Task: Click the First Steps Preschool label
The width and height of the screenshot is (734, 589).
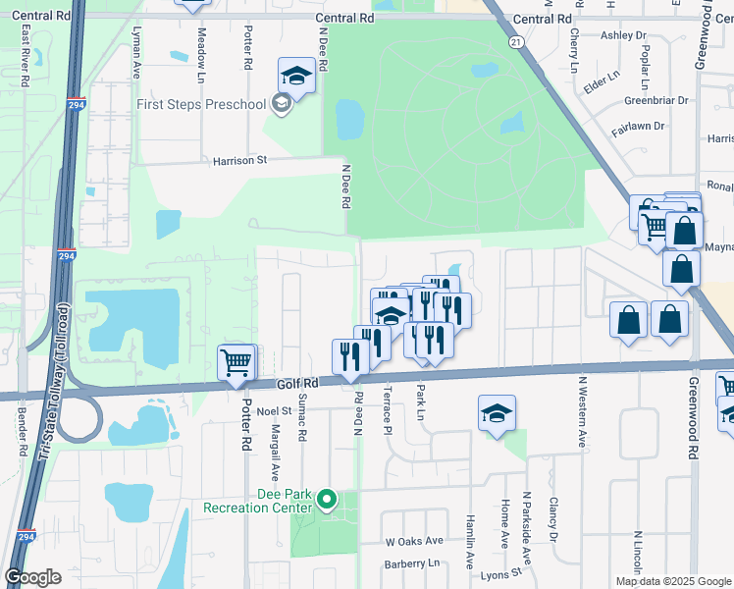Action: tap(202, 105)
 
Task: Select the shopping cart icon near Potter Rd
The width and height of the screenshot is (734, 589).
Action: tap(236, 364)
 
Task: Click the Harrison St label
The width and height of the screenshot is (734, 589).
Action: tap(235, 159)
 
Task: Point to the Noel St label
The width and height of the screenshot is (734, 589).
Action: tap(274, 410)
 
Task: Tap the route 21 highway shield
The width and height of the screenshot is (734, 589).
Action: tap(516, 41)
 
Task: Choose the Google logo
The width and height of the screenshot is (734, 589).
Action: tap(33, 577)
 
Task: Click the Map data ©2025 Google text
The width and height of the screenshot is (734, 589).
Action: tap(672, 581)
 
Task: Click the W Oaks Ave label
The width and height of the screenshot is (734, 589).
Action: tap(414, 541)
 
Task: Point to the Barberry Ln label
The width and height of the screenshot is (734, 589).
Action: tap(413, 563)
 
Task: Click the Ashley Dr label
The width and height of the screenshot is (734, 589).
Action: tap(624, 35)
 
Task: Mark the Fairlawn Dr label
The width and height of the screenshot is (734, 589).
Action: tap(639, 126)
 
